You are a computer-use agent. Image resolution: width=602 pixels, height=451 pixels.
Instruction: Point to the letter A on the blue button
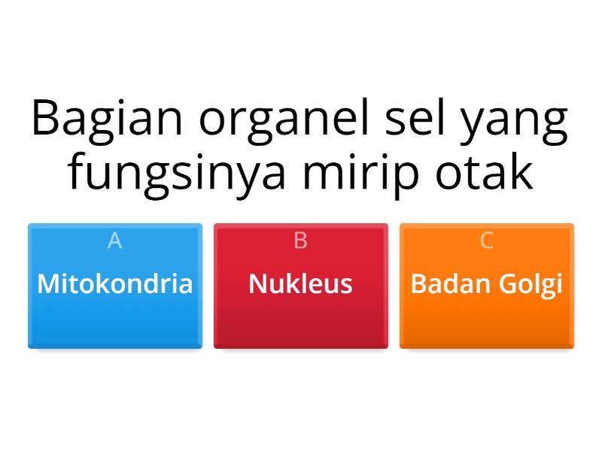[x=115, y=241]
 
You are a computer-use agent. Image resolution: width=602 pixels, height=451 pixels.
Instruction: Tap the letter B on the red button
[x=301, y=241]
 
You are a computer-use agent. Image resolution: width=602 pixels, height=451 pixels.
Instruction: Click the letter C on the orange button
[x=487, y=241]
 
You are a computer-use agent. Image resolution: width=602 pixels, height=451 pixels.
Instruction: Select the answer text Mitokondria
[x=115, y=284]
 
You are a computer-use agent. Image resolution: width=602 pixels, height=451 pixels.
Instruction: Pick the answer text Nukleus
[x=301, y=284]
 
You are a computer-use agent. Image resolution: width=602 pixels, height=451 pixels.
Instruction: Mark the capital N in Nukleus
[x=257, y=284]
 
